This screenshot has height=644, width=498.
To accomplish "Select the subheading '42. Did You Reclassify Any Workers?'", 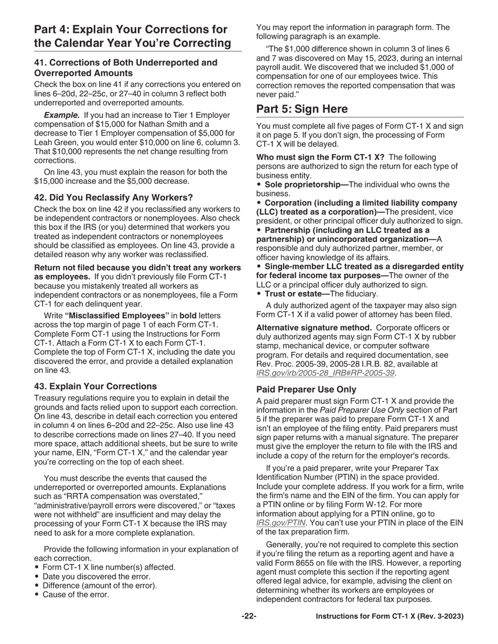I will tap(113, 197).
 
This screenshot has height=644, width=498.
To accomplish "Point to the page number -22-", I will tap(248, 616).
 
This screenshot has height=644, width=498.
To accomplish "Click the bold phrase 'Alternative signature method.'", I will tap(312, 327).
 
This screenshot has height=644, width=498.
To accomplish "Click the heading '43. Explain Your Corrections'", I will tap(95, 386).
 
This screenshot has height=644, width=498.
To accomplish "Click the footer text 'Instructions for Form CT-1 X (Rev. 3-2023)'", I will tap(389, 616).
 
